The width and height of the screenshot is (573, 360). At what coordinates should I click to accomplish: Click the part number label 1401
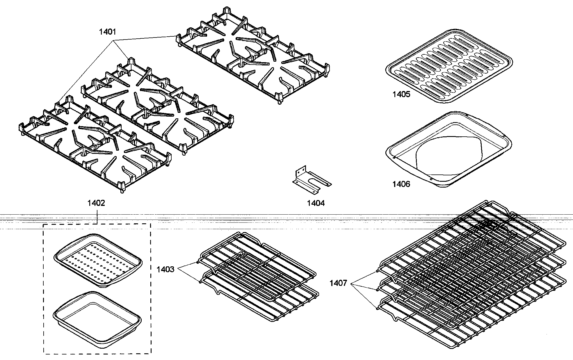coord(107,32)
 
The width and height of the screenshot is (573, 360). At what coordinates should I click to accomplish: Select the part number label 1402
coord(96,203)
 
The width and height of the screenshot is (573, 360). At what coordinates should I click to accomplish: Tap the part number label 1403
coord(165,269)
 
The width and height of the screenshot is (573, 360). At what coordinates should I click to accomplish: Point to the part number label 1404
coord(316,203)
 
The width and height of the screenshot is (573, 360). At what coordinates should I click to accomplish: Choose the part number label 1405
coord(401,94)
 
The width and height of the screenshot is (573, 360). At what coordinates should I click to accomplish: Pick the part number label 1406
coord(401,184)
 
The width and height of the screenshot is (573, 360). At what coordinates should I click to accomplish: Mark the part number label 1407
coord(338,283)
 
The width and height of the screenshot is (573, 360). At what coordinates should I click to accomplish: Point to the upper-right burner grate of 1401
coord(252,55)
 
